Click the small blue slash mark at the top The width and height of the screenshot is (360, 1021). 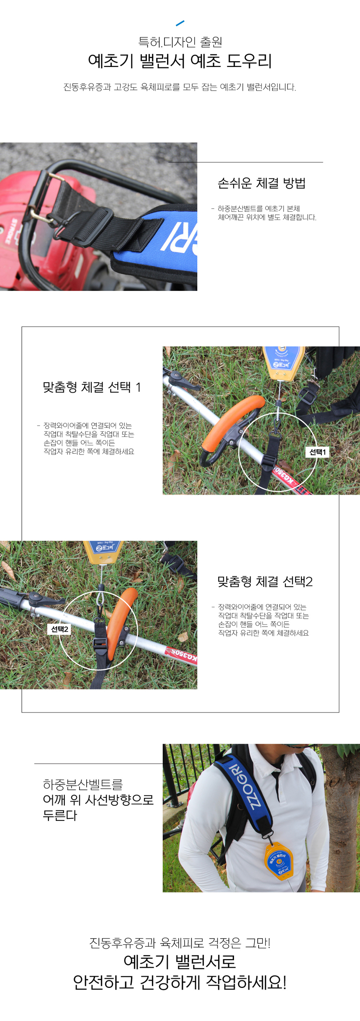click(180, 23)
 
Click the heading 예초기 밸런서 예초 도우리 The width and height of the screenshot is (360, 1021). click(180, 61)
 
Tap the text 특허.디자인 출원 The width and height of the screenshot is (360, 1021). click(180, 42)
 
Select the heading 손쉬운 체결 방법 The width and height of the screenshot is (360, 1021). click(262, 183)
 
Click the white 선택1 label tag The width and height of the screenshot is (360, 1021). click(317, 452)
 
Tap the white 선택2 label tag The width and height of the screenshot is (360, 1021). click(59, 629)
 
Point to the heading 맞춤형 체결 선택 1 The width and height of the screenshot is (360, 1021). click(92, 387)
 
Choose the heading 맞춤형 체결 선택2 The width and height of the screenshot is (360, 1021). click(265, 581)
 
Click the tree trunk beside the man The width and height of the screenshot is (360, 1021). click(341, 816)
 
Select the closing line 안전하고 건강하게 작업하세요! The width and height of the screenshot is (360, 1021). click(180, 982)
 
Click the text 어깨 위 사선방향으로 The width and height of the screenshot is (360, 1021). click(98, 800)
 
